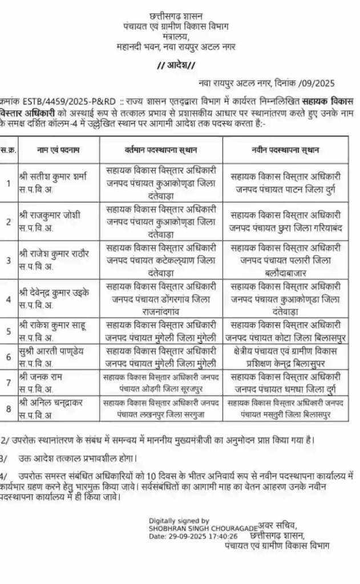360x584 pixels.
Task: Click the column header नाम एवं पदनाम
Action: tap(58, 150)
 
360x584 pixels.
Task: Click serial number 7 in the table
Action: tap(8, 382)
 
